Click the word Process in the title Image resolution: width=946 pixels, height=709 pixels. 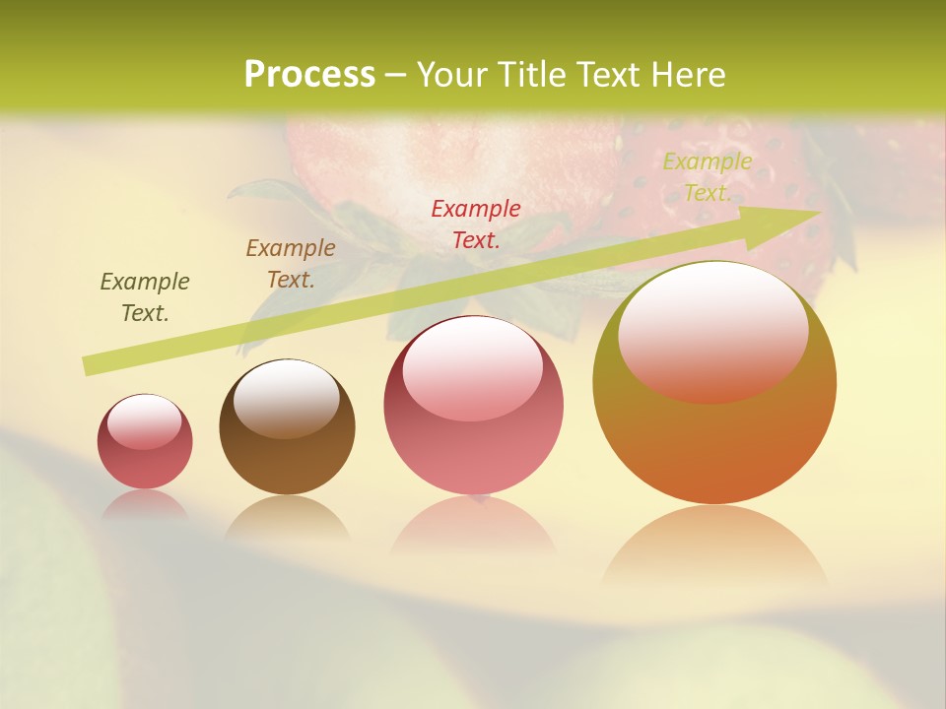(x=309, y=75)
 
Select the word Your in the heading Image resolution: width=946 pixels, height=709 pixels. (x=449, y=75)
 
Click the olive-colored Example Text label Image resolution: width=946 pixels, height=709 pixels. (x=145, y=297)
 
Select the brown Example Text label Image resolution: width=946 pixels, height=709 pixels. (x=290, y=264)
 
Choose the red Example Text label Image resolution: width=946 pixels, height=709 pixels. (x=475, y=224)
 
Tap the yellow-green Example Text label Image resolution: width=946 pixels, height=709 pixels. (x=707, y=177)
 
